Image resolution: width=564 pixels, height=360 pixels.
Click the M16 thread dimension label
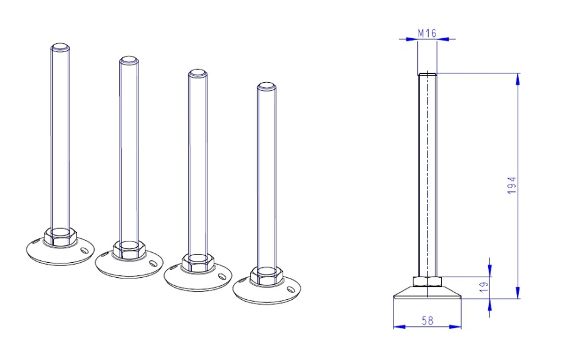[427, 33]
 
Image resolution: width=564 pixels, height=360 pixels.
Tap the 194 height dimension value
[512, 186]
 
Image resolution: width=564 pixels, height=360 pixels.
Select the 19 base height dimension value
[484, 287]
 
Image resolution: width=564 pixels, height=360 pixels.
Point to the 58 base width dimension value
[427, 320]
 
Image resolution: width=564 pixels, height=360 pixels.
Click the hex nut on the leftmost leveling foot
[60, 236]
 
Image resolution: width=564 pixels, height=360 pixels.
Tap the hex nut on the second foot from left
[128, 249]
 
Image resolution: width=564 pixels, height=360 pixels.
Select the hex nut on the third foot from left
[198, 262]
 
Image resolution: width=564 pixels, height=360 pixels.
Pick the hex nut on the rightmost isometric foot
[266, 275]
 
